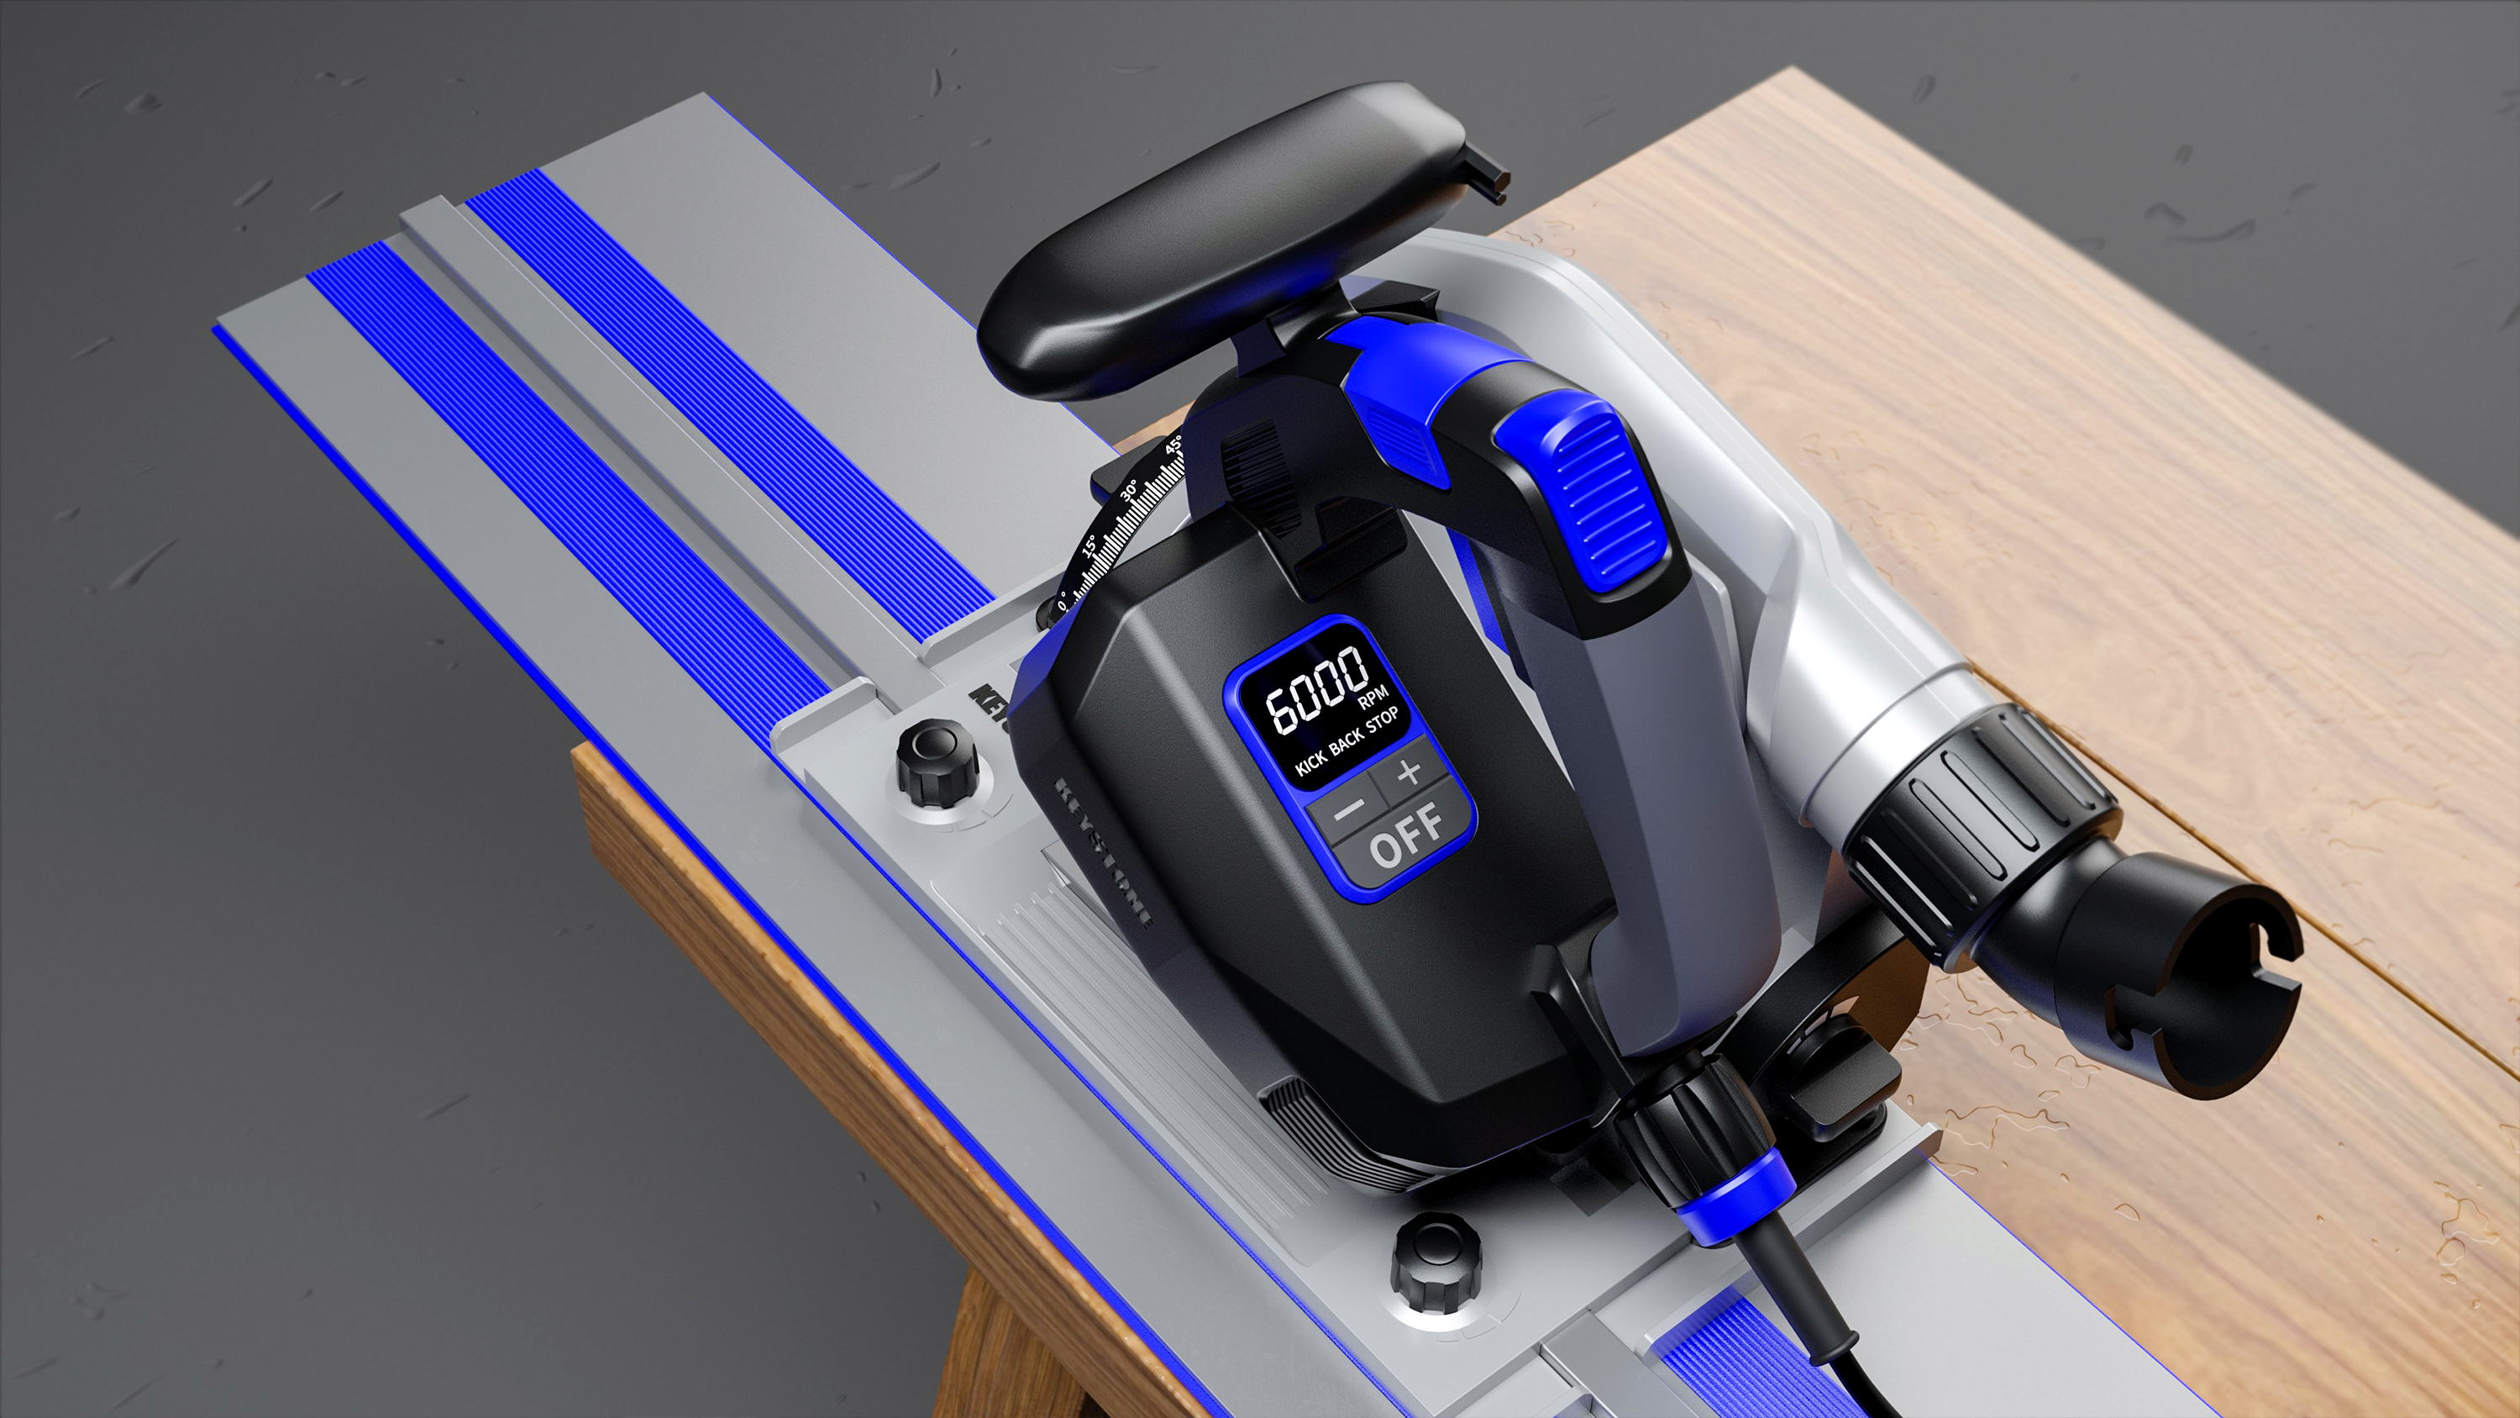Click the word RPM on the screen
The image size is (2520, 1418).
[x=1373, y=701]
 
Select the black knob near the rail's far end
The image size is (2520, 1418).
[x=937, y=761]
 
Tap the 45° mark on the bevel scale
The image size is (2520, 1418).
[x=1175, y=446]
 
